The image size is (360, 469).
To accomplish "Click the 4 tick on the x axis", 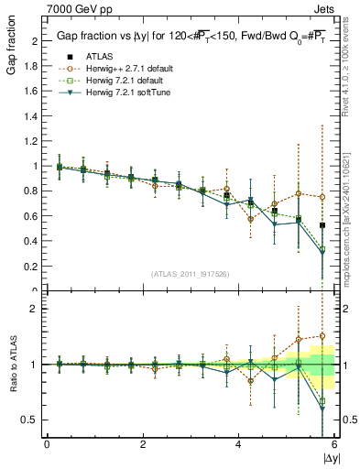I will tap(239, 444).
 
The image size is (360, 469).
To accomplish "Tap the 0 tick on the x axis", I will tap(47, 444).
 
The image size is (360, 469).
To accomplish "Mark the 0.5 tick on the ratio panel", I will tap(32, 420).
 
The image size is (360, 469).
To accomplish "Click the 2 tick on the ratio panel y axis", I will tap(36, 309).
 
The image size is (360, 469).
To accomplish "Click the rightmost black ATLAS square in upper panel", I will tap(322, 225).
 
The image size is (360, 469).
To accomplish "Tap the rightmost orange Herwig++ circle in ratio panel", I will tap(322, 336).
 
